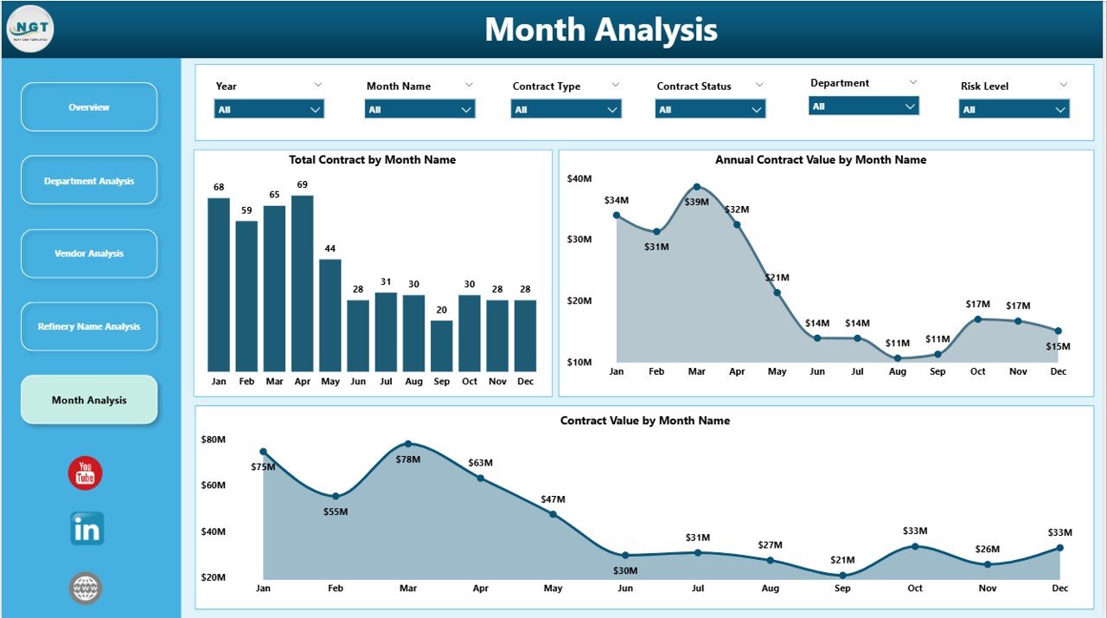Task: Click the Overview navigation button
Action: click(x=89, y=107)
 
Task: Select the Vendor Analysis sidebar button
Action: click(x=89, y=254)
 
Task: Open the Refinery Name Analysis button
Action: click(x=89, y=327)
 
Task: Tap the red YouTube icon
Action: click(x=86, y=473)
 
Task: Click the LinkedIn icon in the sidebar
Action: click(x=86, y=529)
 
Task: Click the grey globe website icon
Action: click(x=86, y=589)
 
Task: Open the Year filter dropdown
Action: click(x=269, y=109)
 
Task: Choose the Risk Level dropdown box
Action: click(x=1014, y=109)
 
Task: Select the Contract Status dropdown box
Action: click(x=710, y=109)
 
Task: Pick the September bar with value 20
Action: click(x=441, y=345)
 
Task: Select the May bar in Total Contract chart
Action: click(x=330, y=315)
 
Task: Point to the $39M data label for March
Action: click(x=697, y=202)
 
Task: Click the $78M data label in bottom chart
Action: click(x=408, y=460)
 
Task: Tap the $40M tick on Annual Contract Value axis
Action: click(x=579, y=178)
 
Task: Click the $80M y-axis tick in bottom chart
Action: click(x=214, y=440)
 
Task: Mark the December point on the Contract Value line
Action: click(x=1059, y=548)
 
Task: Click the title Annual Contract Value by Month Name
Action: click(x=820, y=160)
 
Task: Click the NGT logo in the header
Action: click(x=30, y=29)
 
